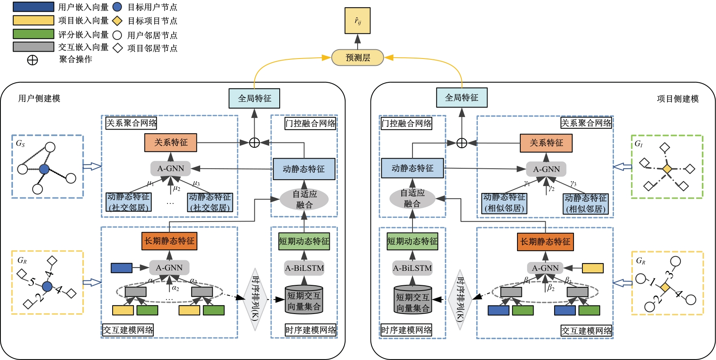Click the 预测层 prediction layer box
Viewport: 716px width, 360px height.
(x=358, y=57)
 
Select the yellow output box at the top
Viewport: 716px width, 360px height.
(x=357, y=21)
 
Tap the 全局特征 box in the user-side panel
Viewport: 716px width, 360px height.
(x=254, y=98)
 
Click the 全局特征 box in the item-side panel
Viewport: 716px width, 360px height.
(x=461, y=98)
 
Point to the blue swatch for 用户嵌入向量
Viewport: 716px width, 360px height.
(x=33, y=7)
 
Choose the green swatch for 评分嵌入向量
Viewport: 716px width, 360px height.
(x=33, y=34)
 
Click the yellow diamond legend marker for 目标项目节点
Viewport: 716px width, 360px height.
(x=117, y=21)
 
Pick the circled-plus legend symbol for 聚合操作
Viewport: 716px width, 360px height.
(x=32, y=60)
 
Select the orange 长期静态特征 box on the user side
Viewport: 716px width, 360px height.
(x=169, y=241)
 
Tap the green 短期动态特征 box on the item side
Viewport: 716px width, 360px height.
(x=412, y=241)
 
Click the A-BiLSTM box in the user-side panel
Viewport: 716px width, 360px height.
(x=304, y=268)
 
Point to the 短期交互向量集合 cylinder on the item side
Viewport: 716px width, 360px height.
(x=412, y=300)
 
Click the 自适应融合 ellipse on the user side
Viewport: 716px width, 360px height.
(x=304, y=199)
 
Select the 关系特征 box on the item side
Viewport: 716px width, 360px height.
(x=546, y=143)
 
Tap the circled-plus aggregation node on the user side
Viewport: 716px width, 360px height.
(x=254, y=142)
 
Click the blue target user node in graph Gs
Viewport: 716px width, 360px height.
(x=44, y=169)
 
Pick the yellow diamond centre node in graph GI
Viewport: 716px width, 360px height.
(x=667, y=169)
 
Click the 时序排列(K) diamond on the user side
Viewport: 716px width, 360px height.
(x=255, y=299)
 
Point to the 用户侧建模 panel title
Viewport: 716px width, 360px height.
(x=39, y=98)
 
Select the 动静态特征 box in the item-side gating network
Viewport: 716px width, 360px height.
(x=412, y=168)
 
